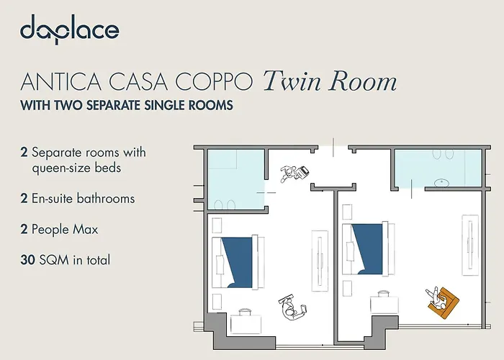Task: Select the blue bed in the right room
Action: (366, 248)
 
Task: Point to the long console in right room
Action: (470, 244)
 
